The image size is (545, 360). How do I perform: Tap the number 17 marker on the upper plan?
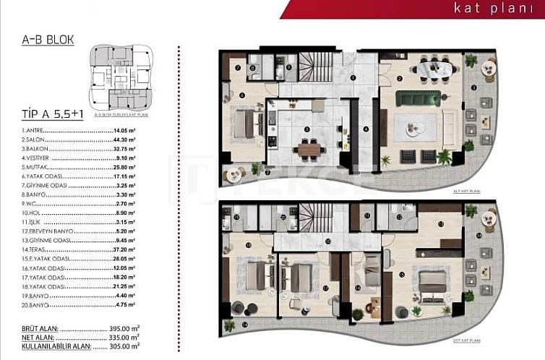[x=326, y=289]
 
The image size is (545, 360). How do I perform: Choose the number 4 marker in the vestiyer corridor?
[x=366, y=129]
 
